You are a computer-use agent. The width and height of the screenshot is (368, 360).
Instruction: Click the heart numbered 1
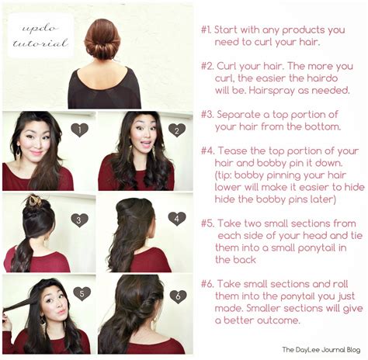tap(79, 130)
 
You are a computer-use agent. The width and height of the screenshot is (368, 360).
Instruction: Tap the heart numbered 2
tap(176, 130)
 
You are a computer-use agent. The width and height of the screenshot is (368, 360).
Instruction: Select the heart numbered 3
tap(79, 220)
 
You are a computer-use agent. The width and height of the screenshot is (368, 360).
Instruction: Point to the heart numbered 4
tap(176, 218)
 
